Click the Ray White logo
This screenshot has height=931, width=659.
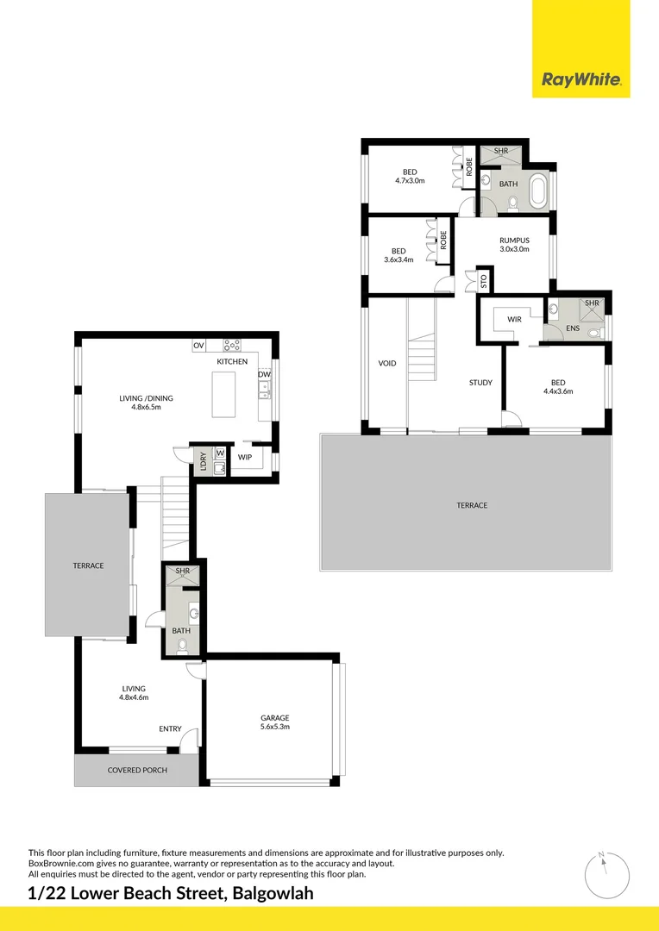[x=581, y=80]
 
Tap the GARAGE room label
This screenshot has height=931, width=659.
[x=275, y=717]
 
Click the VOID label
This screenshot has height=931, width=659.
[x=387, y=363]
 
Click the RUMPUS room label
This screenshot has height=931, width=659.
[x=513, y=241]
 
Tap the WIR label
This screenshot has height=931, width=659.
[x=514, y=319]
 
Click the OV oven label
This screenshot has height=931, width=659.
[x=198, y=346]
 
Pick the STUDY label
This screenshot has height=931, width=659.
[x=480, y=382]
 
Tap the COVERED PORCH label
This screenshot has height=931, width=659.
[x=137, y=770]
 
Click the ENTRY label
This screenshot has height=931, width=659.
[x=170, y=729]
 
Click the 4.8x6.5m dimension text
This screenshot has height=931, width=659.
[x=146, y=407]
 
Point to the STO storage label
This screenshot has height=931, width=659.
[x=483, y=281]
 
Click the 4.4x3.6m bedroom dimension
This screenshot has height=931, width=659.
[x=558, y=391]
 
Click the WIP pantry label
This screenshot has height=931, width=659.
[x=245, y=457]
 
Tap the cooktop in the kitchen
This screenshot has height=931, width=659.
[x=232, y=346]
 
